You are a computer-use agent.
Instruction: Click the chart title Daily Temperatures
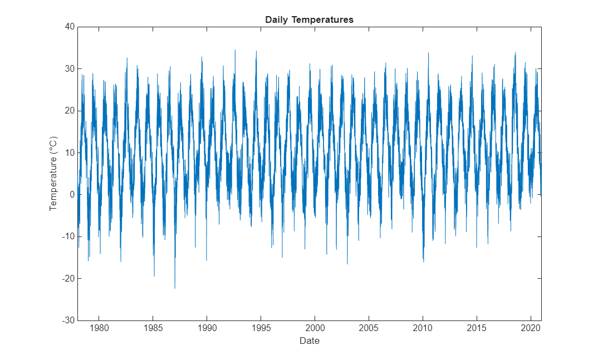[x=309, y=20]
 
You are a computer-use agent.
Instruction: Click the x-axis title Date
[x=309, y=341]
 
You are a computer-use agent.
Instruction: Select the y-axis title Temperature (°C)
[x=53, y=173]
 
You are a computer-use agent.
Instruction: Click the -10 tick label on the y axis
[x=67, y=236]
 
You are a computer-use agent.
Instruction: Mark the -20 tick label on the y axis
[x=67, y=278]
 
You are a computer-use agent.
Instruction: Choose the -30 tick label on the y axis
[x=67, y=320]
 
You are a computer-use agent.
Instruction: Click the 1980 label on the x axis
[x=99, y=328]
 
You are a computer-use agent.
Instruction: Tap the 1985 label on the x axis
[x=153, y=328]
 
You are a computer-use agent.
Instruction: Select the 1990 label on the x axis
[x=207, y=328]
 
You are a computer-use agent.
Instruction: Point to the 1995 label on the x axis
[x=261, y=328]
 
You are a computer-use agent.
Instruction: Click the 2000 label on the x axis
[x=315, y=328]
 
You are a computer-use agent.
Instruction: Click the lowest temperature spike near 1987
[x=175, y=288]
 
